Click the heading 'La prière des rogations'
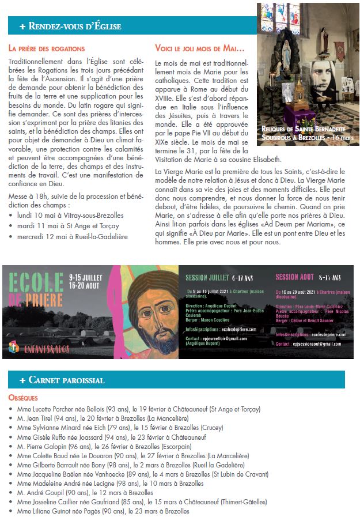click(47, 48)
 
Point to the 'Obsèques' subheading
click(23, 398)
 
